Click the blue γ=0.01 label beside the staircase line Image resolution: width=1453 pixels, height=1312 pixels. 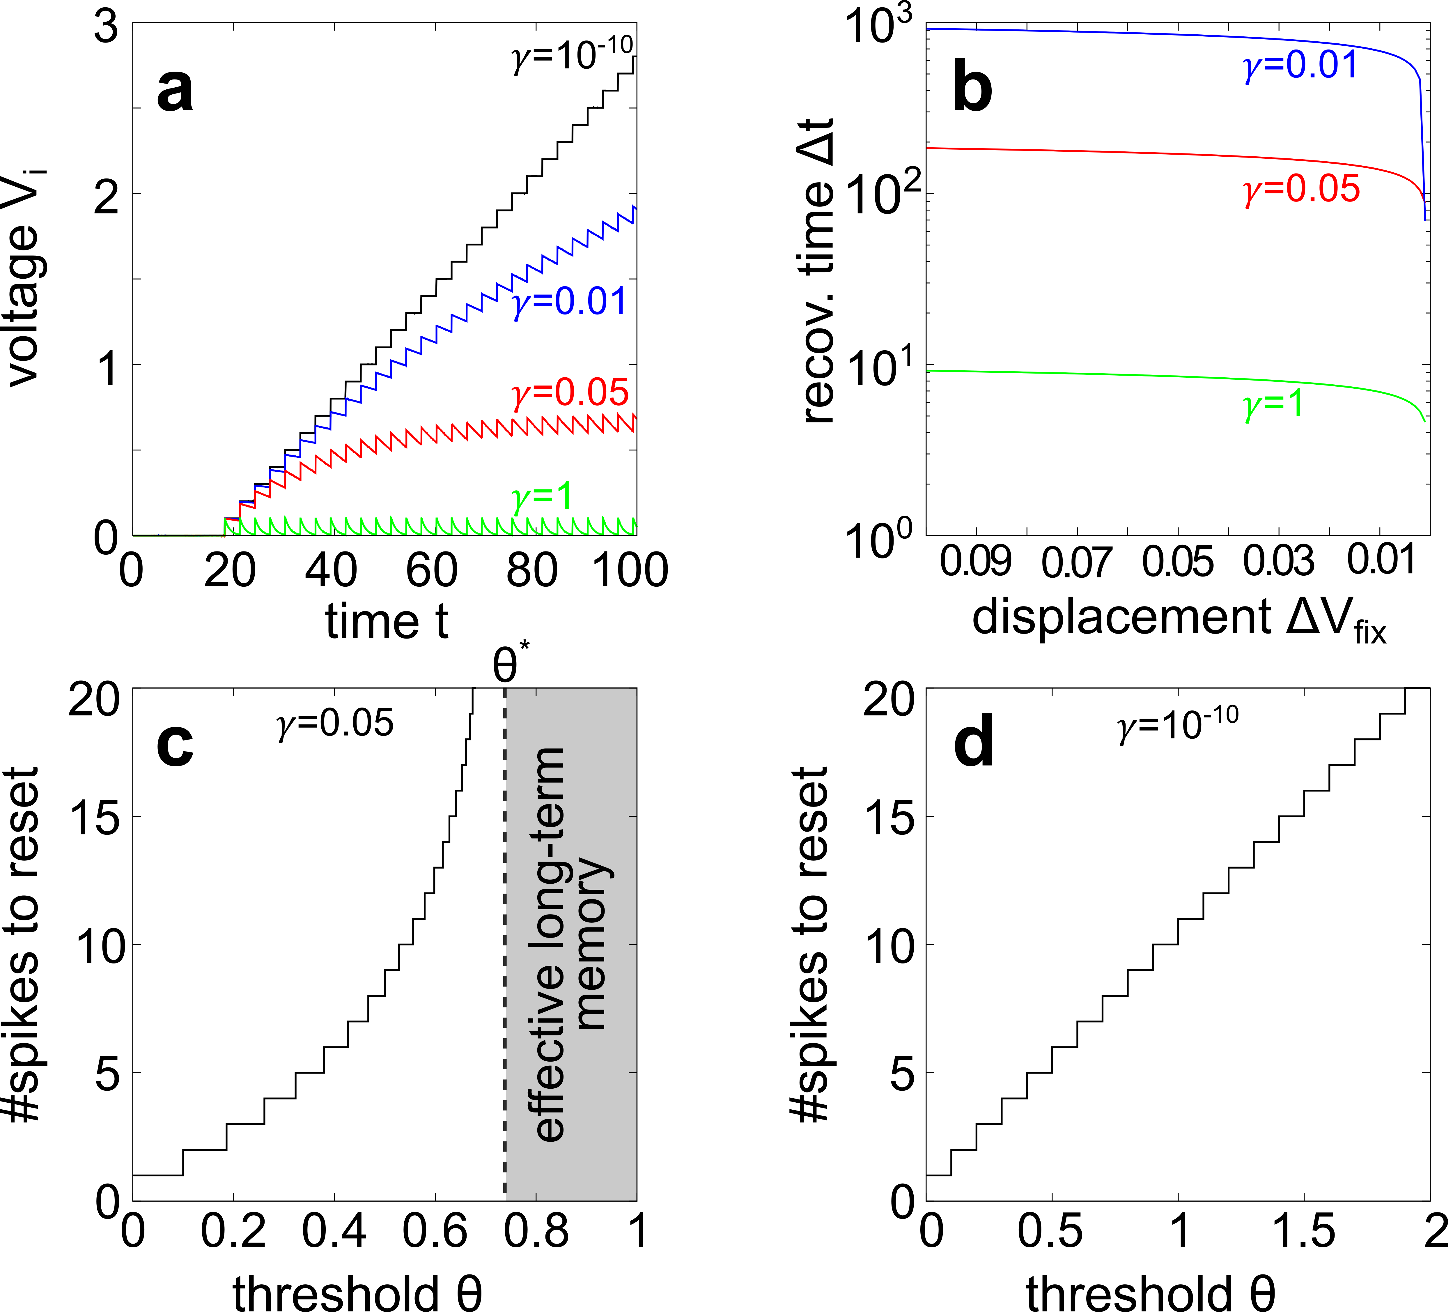[x=569, y=301]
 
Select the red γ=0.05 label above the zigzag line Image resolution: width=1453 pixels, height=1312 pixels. [x=569, y=393]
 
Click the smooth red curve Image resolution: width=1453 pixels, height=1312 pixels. [x=1153, y=153]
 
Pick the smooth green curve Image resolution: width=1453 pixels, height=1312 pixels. [x=1153, y=376]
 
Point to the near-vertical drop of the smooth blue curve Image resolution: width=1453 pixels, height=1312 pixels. [x=1423, y=144]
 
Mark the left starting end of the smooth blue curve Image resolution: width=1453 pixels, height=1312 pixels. [x=928, y=29]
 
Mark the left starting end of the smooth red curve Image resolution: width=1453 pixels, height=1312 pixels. [x=928, y=148]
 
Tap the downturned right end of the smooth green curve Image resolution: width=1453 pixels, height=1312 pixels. [x=1423, y=418]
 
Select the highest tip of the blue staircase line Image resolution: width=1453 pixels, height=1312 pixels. [x=634, y=207]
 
